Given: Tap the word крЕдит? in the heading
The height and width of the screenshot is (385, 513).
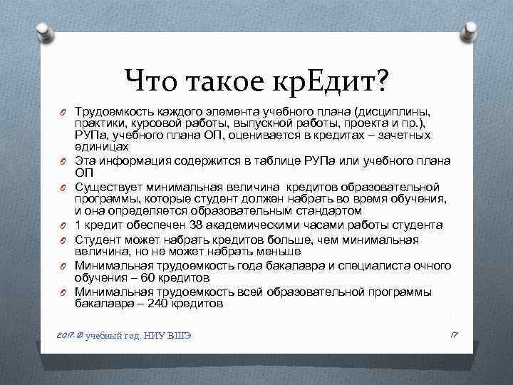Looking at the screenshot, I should coord(333,82).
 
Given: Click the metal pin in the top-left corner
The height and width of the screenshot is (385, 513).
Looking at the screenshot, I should coord(42,31).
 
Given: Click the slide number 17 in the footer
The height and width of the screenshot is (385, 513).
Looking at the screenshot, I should coord(454,334).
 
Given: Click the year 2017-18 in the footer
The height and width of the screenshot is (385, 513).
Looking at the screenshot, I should coord(68,334).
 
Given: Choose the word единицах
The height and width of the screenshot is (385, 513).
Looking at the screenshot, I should coord(101,146).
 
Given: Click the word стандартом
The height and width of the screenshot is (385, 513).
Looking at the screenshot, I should coord(325,212).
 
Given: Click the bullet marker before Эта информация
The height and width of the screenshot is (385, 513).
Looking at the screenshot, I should coord(63,160).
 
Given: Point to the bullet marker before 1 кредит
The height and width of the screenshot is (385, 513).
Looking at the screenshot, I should coord(63,225).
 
